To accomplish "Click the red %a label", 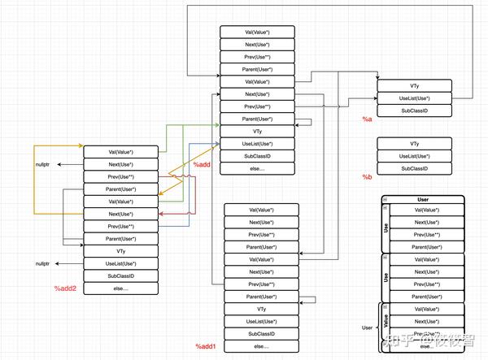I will click(x=367, y=119).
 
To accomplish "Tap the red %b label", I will click(x=367, y=177).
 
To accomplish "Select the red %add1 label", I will click(x=205, y=347).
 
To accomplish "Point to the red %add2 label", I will click(x=65, y=288).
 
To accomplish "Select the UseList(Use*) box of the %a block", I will click(x=415, y=98).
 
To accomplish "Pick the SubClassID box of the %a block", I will click(x=415, y=110).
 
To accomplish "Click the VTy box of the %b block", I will click(x=415, y=144).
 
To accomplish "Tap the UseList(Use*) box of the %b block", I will click(x=415, y=156).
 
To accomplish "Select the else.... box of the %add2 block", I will click(x=120, y=288).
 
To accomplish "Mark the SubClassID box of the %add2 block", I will click(x=120, y=276).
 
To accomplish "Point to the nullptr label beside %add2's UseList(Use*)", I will click(x=42, y=264).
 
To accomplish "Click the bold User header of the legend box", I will click(x=422, y=198).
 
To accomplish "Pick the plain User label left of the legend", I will click(x=367, y=327).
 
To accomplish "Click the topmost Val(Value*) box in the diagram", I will click(x=257, y=32).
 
